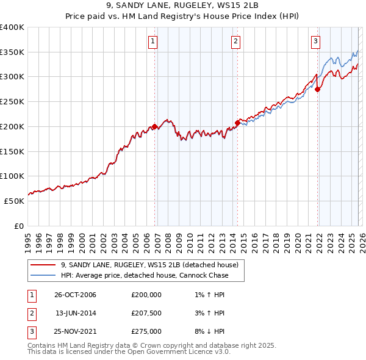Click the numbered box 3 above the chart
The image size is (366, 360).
(315, 41)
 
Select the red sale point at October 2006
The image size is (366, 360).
(155, 127)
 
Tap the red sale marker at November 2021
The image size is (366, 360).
(318, 90)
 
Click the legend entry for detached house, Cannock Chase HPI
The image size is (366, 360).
(145, 275)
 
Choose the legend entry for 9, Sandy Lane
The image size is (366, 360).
(152, 265)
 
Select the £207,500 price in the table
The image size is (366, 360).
(146, 313)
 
